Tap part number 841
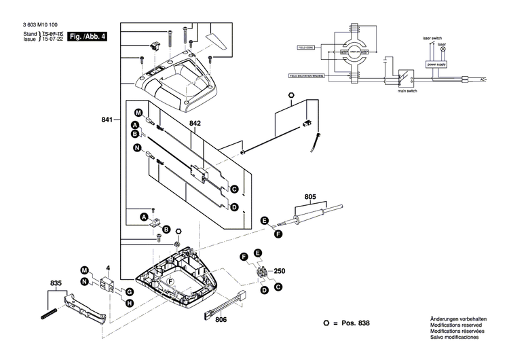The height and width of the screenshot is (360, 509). [x=107, y=119]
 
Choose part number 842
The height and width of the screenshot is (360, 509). [x=195, y=123]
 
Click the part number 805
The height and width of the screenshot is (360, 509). [x=310, y=198]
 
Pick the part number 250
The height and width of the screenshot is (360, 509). [x=280, y=271]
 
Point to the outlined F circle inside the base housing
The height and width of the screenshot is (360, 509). [x=171, y=281]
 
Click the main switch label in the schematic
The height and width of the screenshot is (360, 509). [x=407, y=89]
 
